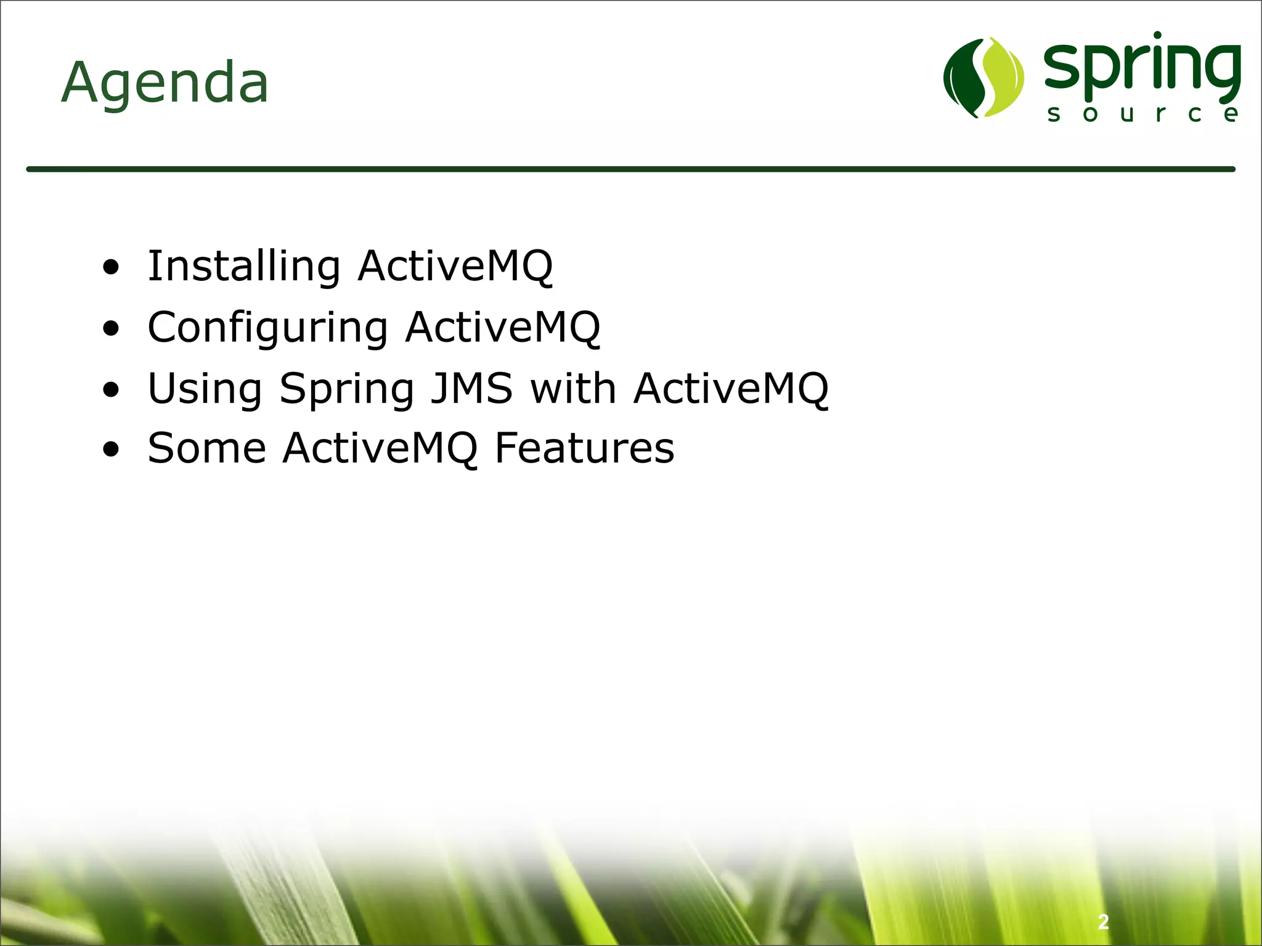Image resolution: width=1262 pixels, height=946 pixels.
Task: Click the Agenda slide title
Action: (165, 83)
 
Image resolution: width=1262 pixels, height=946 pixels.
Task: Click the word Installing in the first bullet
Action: (244, 266)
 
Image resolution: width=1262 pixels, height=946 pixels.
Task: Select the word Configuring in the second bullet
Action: (267, 328)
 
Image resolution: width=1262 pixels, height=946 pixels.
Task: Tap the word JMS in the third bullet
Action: (471, 389)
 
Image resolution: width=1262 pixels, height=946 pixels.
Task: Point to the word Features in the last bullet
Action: (584, 448)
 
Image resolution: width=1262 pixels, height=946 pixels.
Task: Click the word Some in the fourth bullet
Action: (206, 448)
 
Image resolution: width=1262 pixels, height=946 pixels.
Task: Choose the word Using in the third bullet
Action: (205, 389)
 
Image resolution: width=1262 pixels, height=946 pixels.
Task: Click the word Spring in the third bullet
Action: (347, 390)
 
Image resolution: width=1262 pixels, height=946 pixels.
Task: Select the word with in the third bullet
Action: (573, 389)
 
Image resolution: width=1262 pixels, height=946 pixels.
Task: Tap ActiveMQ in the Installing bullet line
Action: (455, 266)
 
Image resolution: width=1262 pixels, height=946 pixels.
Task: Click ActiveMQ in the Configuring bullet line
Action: (502, 328)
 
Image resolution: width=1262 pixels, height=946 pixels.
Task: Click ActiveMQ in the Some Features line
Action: (380, 448)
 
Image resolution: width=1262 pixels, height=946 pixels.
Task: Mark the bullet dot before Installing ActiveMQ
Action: (111, 268)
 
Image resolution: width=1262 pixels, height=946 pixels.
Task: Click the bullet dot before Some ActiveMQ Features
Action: (111, 450)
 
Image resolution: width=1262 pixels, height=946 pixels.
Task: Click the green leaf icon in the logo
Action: (983, 78)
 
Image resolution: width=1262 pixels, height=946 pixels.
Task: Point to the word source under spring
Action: (1142, 114)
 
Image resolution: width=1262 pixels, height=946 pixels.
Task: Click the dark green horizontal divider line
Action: (630, 169)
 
